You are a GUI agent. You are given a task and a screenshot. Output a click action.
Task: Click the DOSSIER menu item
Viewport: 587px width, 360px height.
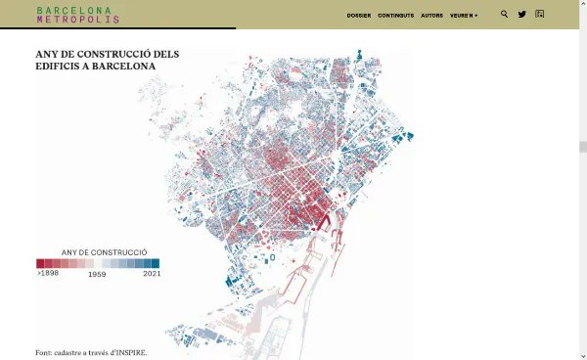pos(358,16)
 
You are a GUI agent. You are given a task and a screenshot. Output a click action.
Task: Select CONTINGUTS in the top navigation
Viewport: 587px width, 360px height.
pos(395,16)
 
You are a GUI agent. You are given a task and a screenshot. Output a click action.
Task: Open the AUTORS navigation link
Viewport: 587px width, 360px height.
pos(431,16)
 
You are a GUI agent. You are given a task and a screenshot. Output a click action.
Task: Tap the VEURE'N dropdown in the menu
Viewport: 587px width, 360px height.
pos(465,16)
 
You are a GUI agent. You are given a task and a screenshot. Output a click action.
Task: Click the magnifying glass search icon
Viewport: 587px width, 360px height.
pos(504,15)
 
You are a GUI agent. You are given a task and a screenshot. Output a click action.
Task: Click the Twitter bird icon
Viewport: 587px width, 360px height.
pos(521,15)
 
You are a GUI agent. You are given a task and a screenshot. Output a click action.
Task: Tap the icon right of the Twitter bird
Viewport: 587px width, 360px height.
pos(540,15)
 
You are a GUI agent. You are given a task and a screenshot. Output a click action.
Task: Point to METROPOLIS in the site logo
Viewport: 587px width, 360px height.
pos(78,20)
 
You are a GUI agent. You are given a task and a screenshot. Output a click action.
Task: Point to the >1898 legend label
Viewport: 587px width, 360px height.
pos(47,274)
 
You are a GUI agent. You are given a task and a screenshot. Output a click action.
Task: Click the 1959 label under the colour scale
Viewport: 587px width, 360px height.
pos(97,275)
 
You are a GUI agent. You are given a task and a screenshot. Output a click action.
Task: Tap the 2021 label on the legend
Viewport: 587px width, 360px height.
pos(151,274)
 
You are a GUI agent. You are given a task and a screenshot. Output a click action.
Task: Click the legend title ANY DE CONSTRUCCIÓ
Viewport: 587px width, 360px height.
pos(97,252)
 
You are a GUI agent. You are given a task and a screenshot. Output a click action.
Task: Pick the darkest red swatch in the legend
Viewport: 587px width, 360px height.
pos(40,263)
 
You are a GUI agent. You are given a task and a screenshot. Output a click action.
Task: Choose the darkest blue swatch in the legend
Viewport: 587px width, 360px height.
pos(155,263)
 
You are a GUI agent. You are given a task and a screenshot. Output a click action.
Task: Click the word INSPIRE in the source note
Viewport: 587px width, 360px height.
pos(128,352)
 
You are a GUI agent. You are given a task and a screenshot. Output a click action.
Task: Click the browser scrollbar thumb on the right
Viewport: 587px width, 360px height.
pos(582,148)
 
